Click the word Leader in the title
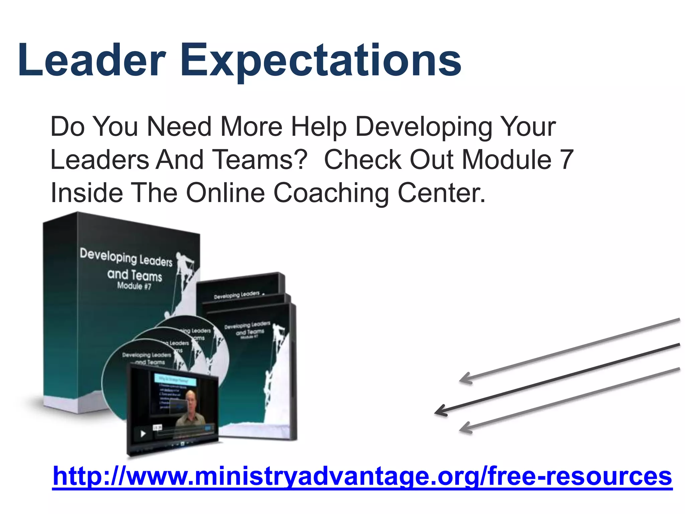(92, 61)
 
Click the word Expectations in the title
(321, 62)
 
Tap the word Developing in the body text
(423, 127)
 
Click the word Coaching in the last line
(331, 193)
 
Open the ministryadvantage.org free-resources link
(362, 476)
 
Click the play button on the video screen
(143, 434)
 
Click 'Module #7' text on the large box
(134, 286)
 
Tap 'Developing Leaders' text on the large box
(126, 257)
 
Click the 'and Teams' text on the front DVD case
(250, 332)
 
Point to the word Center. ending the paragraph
(441, 193)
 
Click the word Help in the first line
(318, 127)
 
